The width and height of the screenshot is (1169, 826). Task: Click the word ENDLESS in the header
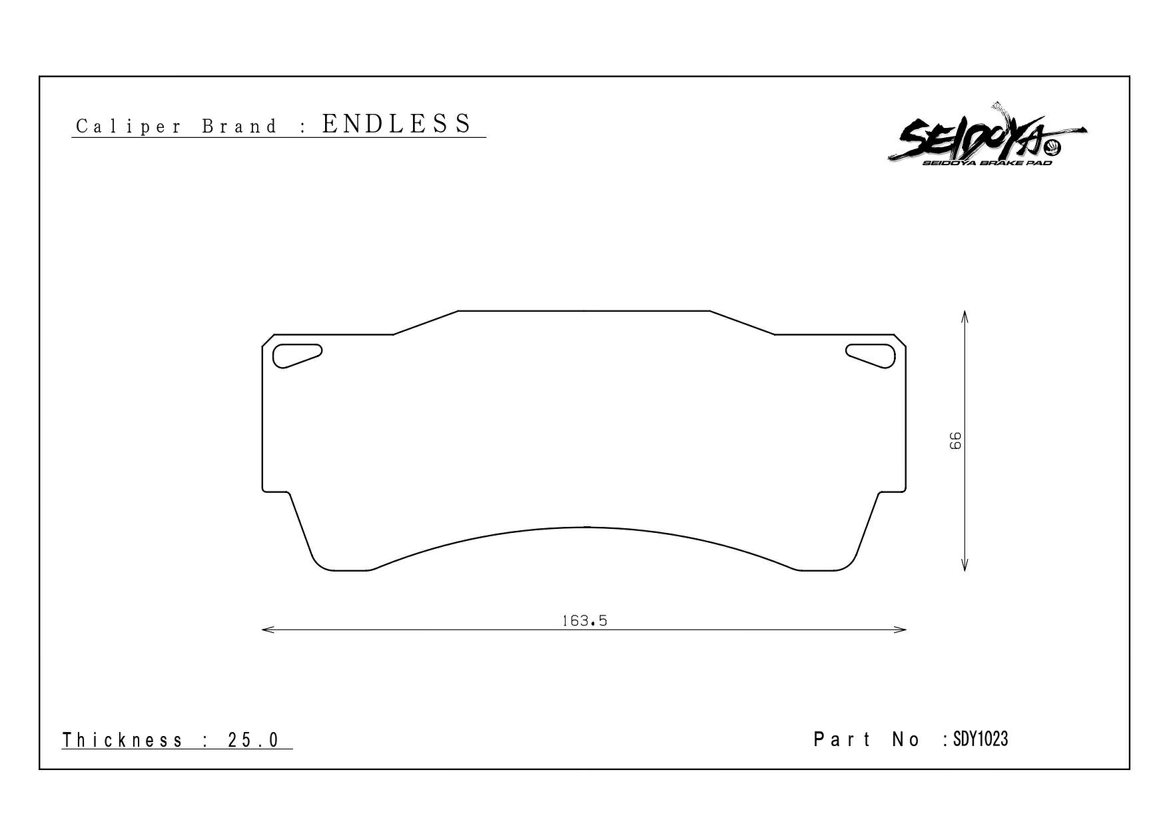[x=397, y=124]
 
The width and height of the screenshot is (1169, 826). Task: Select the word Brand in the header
[x=239, y=127]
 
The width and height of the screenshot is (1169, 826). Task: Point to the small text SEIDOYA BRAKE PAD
[x=987, y=163]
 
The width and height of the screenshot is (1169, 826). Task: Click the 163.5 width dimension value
[x=585, y=621]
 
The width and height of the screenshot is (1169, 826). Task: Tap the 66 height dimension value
[x=956, y=441]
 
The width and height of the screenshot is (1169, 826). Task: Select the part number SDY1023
[x=980, y=739]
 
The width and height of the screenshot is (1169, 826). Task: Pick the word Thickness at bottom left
[x=123, y=740]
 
